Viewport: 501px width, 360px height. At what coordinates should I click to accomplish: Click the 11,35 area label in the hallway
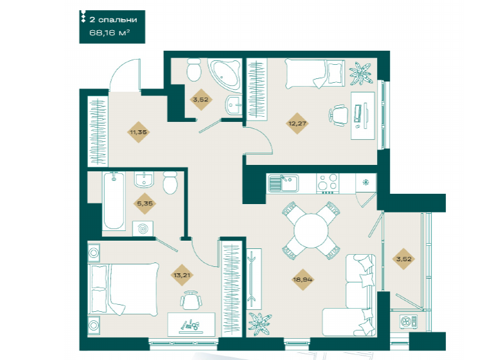(x=138, y=132)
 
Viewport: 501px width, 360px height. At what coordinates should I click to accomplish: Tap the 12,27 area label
(x=297, y=123)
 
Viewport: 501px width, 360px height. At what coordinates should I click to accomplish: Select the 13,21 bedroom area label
(x=182, y=275)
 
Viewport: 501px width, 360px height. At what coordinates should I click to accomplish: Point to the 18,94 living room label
(x=303, y=280)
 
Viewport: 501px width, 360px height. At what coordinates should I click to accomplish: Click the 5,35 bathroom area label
(x=145, y=203)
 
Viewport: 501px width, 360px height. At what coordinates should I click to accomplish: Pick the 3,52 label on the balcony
(x=403, y=259)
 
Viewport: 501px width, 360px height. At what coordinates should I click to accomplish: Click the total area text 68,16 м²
(x=109, y=33)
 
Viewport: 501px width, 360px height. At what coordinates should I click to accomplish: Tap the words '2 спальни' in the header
(x=113, y=20)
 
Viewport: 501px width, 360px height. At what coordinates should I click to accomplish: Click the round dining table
(x=312, y=230)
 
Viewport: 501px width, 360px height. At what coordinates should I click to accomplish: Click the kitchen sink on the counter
(x=283, y=183)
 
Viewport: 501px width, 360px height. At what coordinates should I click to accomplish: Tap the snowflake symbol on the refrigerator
(x=365, y=182)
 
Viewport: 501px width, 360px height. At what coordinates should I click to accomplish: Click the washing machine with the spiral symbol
(x=143, y=228)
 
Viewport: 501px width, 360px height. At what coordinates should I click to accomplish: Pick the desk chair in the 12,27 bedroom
(x=338, y=115)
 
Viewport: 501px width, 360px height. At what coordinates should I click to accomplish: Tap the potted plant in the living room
(x=259, y=323)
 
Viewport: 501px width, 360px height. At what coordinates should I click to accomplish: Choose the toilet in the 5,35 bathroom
(x=170, y=182)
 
